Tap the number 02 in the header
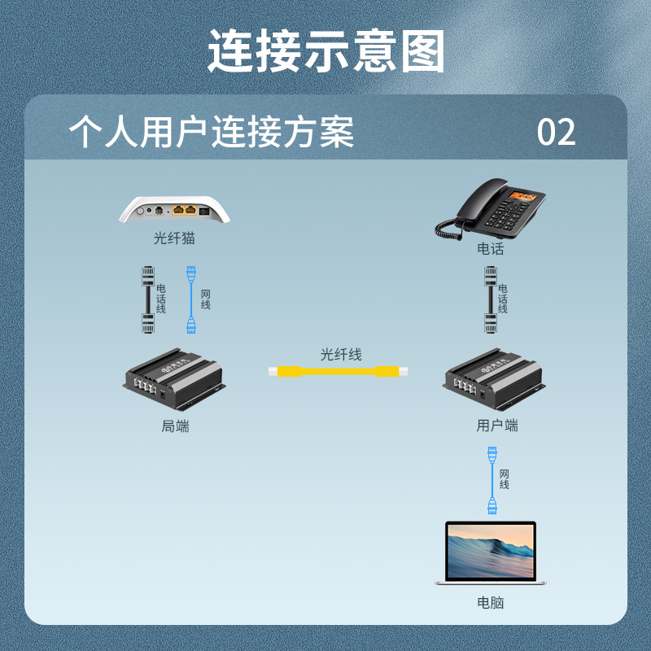click(x=557, y=133)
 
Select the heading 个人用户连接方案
click(x=212, y=133)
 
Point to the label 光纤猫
click(x=174, y=239)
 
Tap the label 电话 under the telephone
click(x=491, y=249)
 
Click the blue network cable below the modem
click(x=191, y=299)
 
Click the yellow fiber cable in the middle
click(x=338, y=372)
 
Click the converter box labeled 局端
click(x=173, y=380)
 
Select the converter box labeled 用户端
click(x=493, y=380)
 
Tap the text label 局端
click(x=176, y=426)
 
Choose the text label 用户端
click(x=497, y=426)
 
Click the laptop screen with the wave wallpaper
click(x=491, y=551)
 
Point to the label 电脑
click(x=491, y=603)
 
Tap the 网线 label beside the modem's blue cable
click(x=206, y=299)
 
